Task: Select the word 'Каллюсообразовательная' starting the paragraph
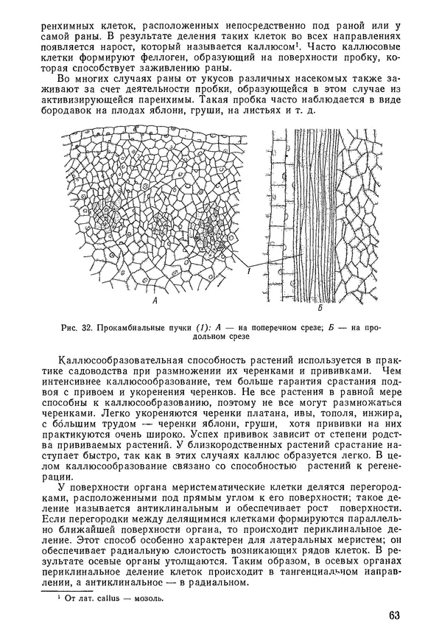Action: [x=123, y=357]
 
